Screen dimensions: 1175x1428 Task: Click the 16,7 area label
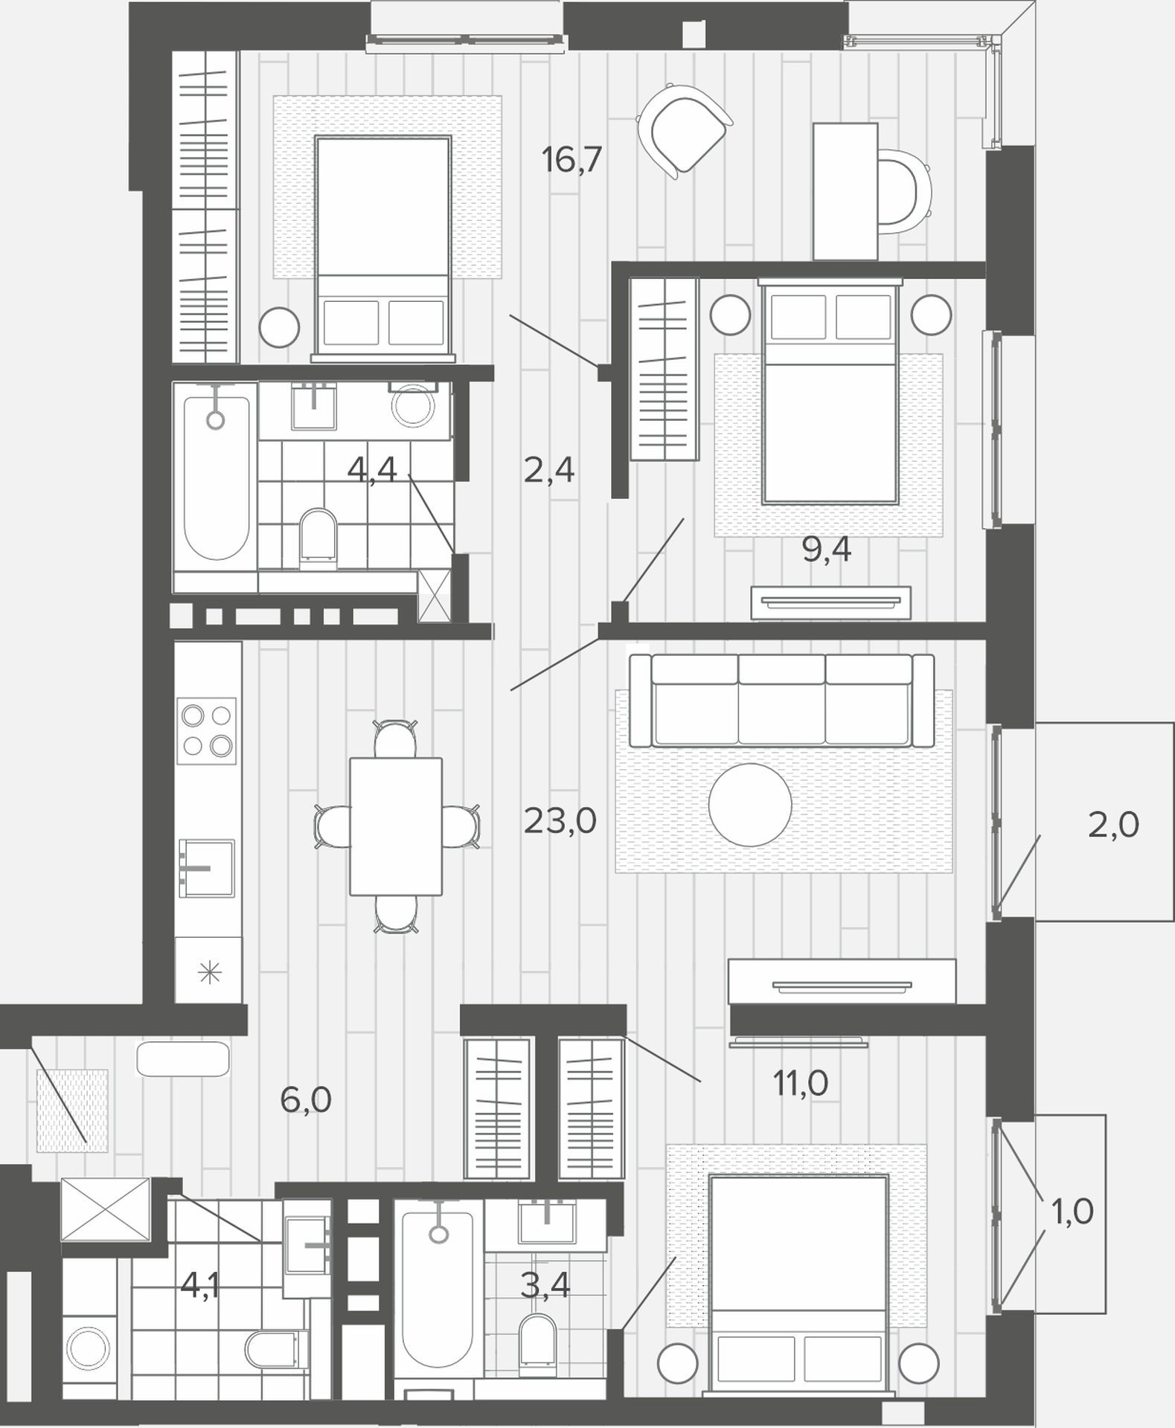[572, 160]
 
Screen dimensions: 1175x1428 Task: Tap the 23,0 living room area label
[560, 821]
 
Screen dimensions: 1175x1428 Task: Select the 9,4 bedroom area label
[826, 550]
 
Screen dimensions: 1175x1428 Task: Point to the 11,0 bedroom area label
[801, 1084]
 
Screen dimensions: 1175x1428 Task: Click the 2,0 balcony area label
[1113, 826]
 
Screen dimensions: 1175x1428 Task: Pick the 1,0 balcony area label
[1072, 1212]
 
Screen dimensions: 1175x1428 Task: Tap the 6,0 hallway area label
[306, 1099]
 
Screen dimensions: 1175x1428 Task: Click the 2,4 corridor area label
[549, 471]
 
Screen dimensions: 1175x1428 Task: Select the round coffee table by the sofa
[750, 805]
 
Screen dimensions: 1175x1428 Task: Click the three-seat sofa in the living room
[781, 701]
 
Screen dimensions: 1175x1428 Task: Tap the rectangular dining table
[396, 826]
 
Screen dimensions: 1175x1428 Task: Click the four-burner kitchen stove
[207, 731]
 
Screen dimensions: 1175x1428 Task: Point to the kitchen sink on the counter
[207, 869]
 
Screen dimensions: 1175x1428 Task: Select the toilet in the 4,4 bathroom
[318, 534]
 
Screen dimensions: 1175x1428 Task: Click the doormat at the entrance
[72, 1111]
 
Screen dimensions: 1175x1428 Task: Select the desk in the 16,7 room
[845, 192]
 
